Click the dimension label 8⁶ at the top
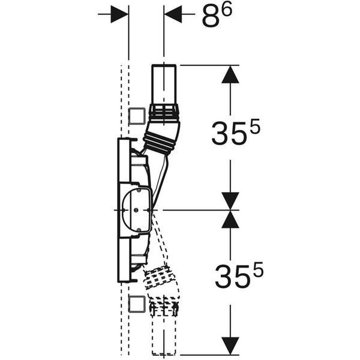click(217, 16)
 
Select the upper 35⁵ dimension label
click(236, 132)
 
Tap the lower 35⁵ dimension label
click(239, 275)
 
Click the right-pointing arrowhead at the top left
click(119, 14)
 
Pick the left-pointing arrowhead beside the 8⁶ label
click(173, 14)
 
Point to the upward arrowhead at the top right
click(230, 74)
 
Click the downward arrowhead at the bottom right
click(230, 346)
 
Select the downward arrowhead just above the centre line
click(230, 201)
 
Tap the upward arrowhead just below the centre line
click(230, 219)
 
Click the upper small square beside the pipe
click(137, 116)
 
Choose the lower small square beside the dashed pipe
click(137, 304)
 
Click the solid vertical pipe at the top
click(164, 85)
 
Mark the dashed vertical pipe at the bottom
click(164, 335)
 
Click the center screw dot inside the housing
click(136, 210)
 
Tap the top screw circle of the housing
click(139, 190)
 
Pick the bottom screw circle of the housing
click(139, 230)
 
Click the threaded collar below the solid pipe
click(164, 113)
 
